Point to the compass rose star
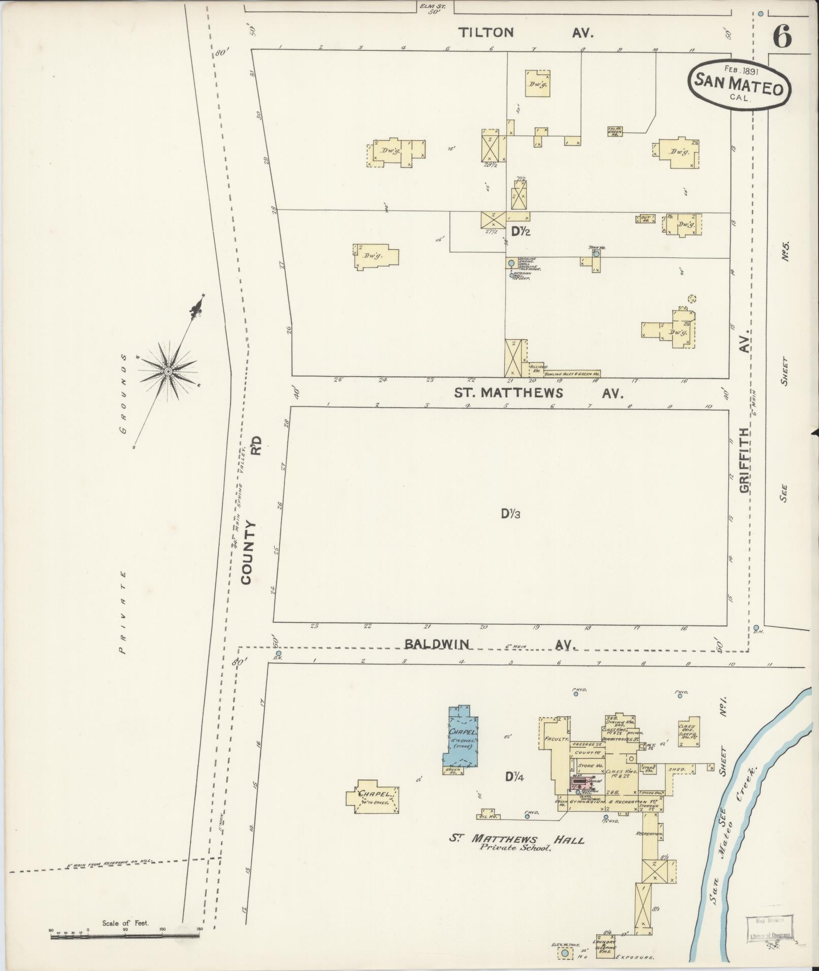(x=168, y=372)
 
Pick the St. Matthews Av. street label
(x=538, y=392)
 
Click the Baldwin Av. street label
(x=490, y=644)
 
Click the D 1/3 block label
(x=511, y=514)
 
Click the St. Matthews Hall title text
(x=516, y=840)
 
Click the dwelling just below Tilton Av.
(x=537, y=83)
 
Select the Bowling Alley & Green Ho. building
(x=572, y=374)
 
